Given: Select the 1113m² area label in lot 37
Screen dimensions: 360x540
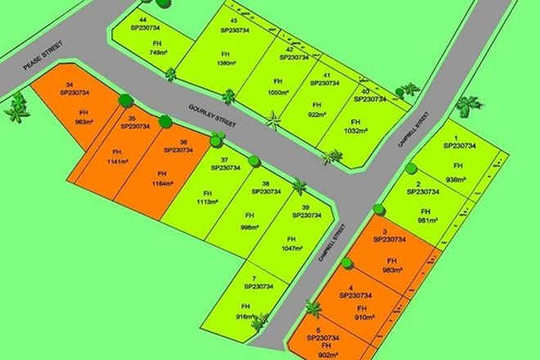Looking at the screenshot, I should pos(206,202).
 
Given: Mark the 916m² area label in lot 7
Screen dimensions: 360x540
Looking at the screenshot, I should pos(242,316).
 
